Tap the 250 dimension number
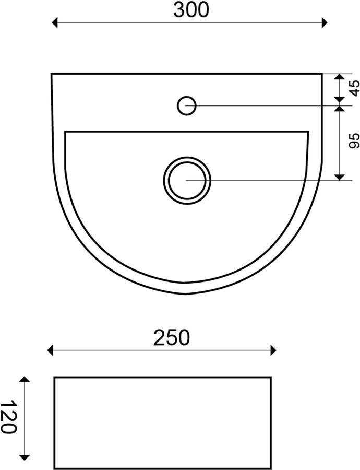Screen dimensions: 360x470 coord(171,337)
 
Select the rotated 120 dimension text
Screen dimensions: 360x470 coord(8,416)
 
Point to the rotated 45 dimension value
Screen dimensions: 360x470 coord(354,88)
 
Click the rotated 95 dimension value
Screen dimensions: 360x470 coord(354,141)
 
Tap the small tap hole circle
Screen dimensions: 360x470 coord(187,105)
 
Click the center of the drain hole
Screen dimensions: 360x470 coord(187,181)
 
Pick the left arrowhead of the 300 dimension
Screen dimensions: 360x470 coord(54,22)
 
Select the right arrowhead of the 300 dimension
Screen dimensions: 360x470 coord(325,22)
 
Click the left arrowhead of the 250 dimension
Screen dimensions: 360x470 coord(50,350)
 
